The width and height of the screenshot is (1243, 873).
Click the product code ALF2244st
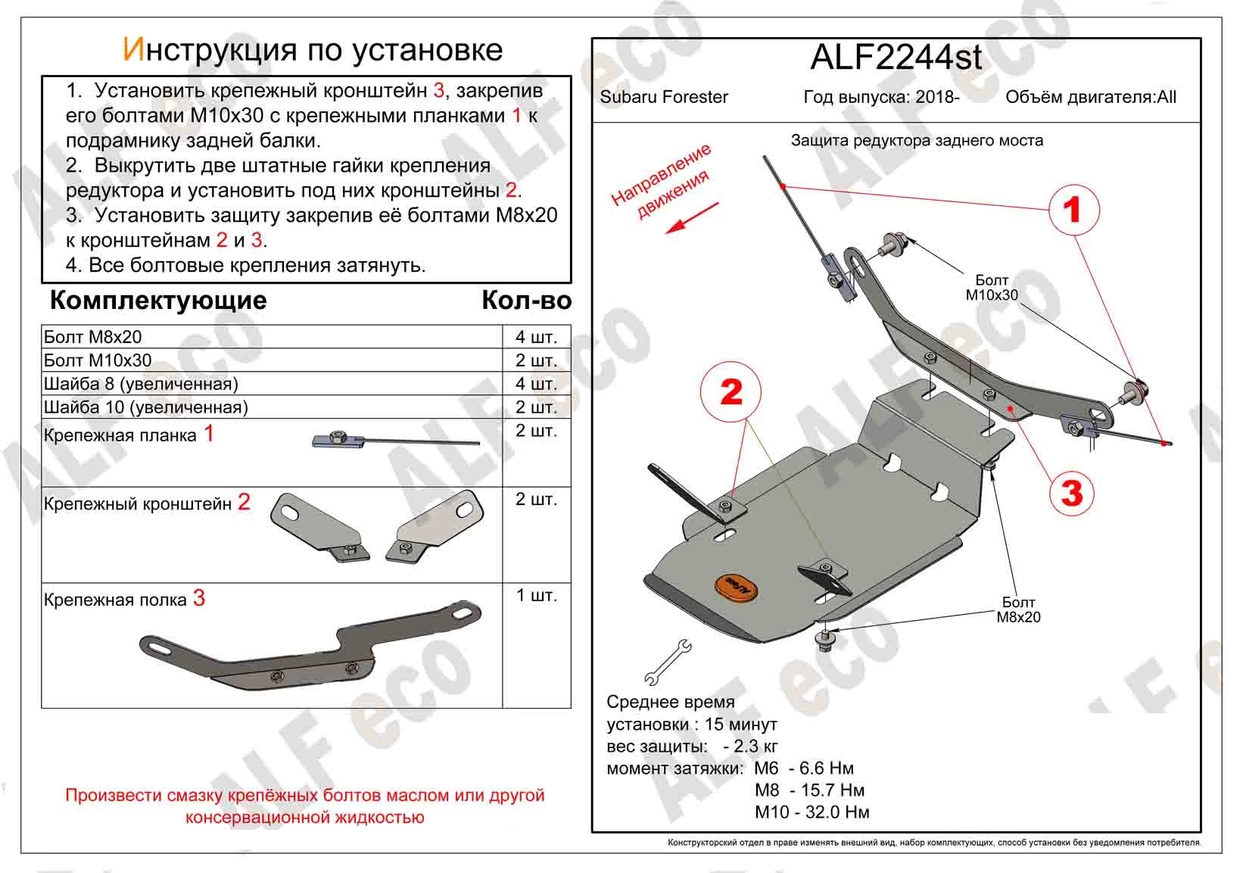tap(896, 58)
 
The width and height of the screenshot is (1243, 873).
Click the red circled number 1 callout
tap(1073, 210)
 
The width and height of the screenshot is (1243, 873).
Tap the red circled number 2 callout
tap(731, 392)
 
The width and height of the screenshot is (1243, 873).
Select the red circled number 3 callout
tap(1072, 493)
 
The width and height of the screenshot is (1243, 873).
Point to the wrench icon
tap(668, 661)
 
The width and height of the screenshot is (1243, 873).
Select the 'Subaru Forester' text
tap(663, 97)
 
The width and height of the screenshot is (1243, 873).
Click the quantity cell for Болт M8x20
tap(536, 337)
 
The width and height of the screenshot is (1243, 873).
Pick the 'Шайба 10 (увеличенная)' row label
tap(146, 407)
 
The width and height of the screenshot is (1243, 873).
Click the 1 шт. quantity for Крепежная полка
tap(536, 596)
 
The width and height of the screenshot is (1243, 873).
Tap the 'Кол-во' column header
tap(526, 301)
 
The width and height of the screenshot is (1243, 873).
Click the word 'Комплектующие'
tap(158, 301)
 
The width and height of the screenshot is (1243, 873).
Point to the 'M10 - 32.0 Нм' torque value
tap(812, 812)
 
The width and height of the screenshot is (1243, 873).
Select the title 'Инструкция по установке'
tap(312, 50)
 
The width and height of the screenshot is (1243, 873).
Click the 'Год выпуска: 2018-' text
tap(881, 97)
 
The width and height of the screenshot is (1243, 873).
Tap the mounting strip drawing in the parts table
tap(395, 440)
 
